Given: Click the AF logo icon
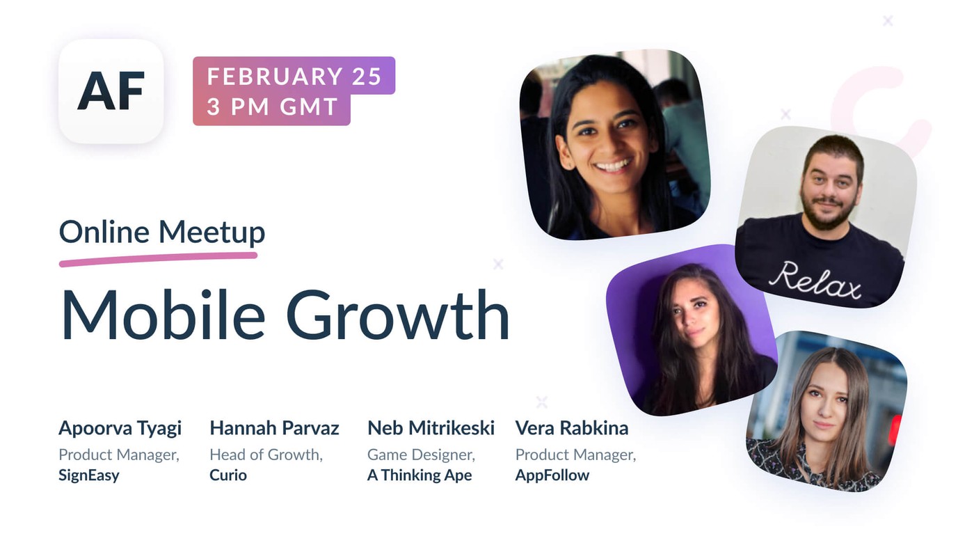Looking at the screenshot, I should click(111, 91).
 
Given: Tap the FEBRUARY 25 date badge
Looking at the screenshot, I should click(294, 76).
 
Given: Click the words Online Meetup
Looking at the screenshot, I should click(161, 232).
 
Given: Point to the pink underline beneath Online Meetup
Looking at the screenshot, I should click(159, 259).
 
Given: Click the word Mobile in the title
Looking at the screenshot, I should click(163, 315).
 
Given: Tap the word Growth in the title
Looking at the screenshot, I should click(398, 315).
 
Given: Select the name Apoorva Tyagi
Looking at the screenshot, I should click(120, 428).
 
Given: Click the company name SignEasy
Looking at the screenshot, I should click(89, 475).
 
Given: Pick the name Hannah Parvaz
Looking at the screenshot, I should click(274, 428).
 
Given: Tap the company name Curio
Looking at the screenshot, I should click(228, 475).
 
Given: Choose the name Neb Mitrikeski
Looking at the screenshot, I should click(431, 428).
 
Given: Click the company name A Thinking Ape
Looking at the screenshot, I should click(420, 475).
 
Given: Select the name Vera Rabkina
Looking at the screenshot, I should click(571, 428).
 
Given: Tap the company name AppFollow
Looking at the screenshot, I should click(552, 475).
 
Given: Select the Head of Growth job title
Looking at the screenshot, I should click(266, 455).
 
